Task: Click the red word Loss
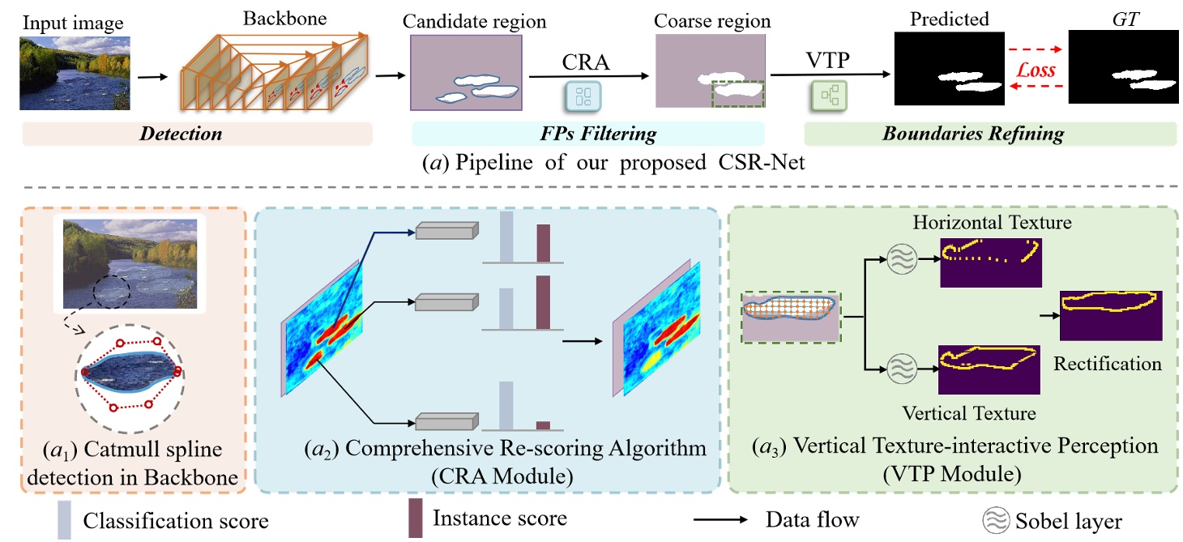pyautogui.click(x=1036, y=70)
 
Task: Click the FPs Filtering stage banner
pyautogui.click(x=587, y=134)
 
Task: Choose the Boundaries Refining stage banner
pyautogui.click(x=989, y=134)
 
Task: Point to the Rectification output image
pyautogui.click(x=1110, y=316)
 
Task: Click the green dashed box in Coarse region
pyautogui.click(x=737, y=92)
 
